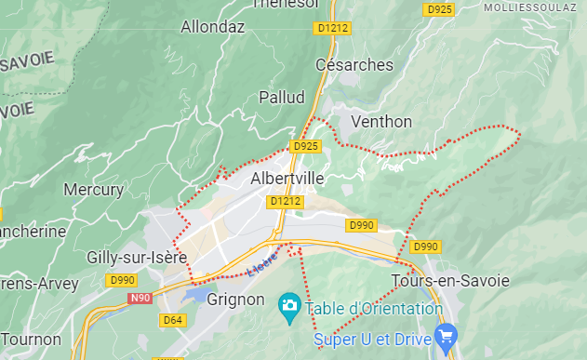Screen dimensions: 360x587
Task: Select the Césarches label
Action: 354,65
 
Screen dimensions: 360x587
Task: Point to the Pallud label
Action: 282,98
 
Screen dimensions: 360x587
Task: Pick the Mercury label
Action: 93,190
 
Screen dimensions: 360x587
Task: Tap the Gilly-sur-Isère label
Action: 137,257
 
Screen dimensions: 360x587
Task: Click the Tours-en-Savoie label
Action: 437,280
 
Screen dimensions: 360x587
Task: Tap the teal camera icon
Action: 289,304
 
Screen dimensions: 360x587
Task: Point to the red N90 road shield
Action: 140,299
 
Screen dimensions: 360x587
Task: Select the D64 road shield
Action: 173,320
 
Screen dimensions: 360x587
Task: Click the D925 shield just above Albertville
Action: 305,146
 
